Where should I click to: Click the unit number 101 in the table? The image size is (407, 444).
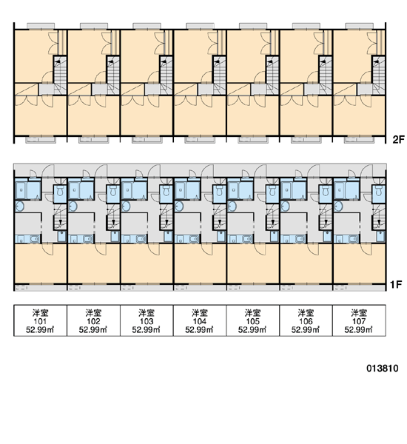pyautogui.click(x=40, y=321)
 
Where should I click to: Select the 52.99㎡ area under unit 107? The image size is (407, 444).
pyautogui.click(x=358, y=329)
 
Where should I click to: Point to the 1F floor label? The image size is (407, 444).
pyautogui.click(x=396, y=284)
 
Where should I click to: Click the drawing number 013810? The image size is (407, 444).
pyautogui.click(x=383, y=369)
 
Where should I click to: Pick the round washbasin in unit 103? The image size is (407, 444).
pyautogui.click(x=126, y=206)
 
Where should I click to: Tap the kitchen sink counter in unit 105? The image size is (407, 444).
pyautogui.click(x=240, y=239)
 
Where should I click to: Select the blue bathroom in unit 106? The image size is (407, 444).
pyautogui.click(x=294, y=190)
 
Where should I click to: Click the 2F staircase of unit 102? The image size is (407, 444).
pyautogui.click(x=113, y=75)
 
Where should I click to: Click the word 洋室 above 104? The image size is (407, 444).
pyautogui.click(x=200, y=313)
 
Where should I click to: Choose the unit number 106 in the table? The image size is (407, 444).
pyautogui.click(x=306, y=321)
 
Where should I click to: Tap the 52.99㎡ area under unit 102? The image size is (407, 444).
pyautogui.click(x=93, y=329)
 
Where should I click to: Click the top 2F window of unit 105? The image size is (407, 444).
pyautogui.click(x=252, y=26)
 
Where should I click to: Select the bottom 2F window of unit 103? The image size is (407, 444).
pyautogui.click(x=147, y=140)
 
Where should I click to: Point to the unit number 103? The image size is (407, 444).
pyautogui.click(x=147, y=321)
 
